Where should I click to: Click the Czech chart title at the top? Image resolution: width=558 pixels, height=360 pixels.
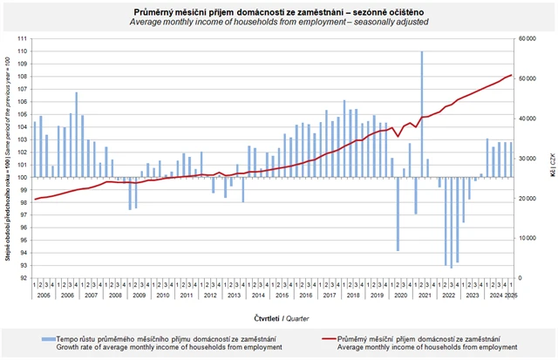278,10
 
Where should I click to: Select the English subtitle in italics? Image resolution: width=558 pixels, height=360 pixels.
278,22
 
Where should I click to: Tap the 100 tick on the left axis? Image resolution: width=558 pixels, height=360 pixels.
24,178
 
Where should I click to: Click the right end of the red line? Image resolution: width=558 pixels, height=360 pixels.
511,75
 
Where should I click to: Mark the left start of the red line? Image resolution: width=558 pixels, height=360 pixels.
35,199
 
